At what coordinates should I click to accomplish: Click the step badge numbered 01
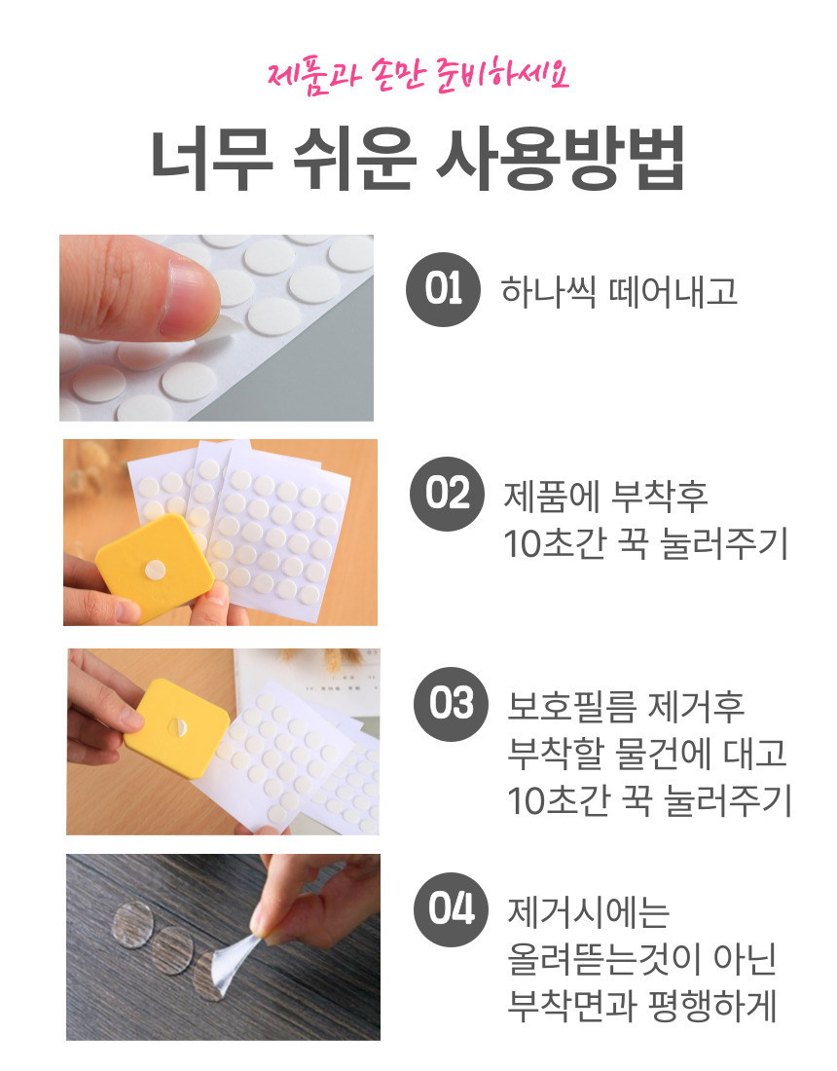(443, 289)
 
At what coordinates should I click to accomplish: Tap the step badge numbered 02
(447, 494)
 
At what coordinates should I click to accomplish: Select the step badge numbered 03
(452, 704)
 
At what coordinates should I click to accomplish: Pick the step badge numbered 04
(452, 909)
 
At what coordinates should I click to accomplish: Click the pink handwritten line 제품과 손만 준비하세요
(418, 76)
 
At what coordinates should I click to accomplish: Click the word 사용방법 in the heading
(560, 159)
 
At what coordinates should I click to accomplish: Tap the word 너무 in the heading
(211, 159)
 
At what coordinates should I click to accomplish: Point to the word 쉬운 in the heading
(354, 159)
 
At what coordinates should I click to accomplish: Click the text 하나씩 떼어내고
(619, 291)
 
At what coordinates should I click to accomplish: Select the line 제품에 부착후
(605, 496)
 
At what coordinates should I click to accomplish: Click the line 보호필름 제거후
(626, 706)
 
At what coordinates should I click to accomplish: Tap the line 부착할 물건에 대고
(646, 753)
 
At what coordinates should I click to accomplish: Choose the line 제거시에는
(588, 912)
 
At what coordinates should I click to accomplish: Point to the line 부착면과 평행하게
(641, 1006)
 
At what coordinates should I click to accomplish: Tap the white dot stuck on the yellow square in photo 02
(155, 570)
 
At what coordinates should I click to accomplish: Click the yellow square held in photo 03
(176, 728)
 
